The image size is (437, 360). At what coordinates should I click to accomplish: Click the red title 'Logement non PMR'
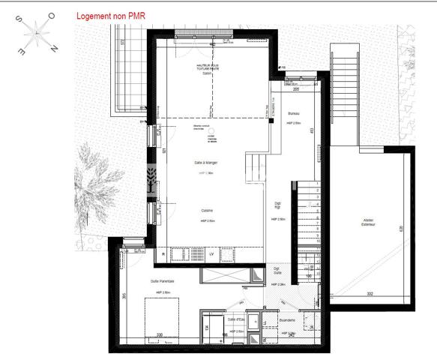pyautogui.click(x=112, y=15)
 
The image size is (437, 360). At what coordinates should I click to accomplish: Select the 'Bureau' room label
pyautogui.click(x=295, y=112)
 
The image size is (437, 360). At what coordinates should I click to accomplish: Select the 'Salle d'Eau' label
pyautogui.click(x=236, y=319)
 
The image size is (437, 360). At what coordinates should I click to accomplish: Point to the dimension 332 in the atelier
pyautogui.click(x=370, y=293)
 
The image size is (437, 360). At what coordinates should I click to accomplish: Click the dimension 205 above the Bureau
pyautogui.click(x=296, y=89)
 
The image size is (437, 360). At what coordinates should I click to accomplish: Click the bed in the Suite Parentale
pyautogui.click(x=161, y=315)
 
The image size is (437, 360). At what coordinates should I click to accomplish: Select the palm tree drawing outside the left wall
pyautogui.click(x=100, y=184)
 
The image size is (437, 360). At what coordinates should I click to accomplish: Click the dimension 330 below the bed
pyautogui.click(x=159, y=334)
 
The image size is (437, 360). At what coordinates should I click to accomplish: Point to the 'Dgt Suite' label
pyautogui.click(x=277, y=271)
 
